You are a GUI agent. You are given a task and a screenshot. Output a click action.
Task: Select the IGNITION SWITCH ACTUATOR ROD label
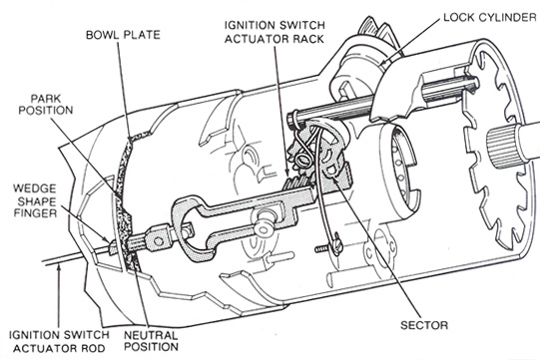[x=51, y=338]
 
